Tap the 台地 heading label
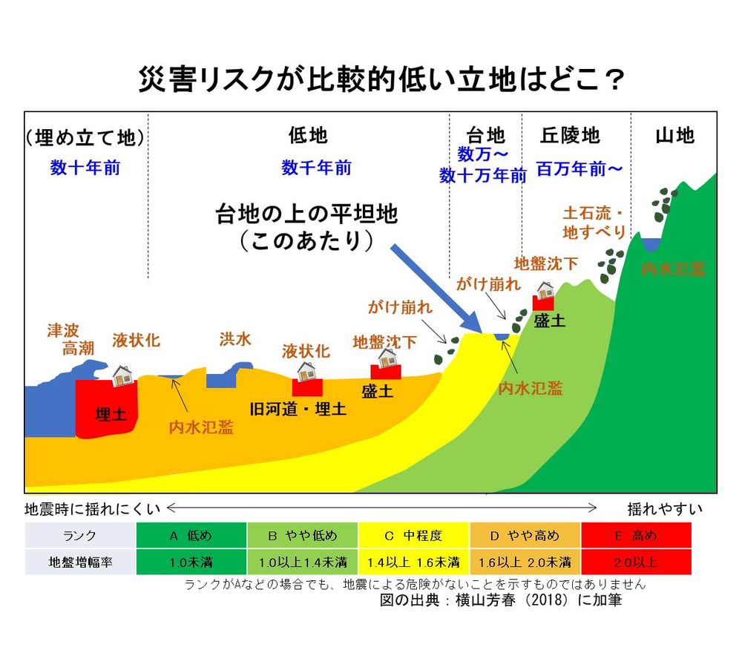click(485, 135)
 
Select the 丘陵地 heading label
click(569, 135)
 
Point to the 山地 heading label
click(674, 135)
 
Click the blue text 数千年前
click(316, 168)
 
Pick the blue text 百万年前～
click(579, 169)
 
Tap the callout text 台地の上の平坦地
click(306, 214)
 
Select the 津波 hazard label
click(63, 330)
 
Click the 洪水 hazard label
click(234, 339)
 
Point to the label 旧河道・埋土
click(298, 409)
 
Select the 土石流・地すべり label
click(594, 222)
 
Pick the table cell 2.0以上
click(636, 562)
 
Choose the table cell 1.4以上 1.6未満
click(413, 562)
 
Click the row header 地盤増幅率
click(79, 562)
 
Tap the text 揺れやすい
click(664, 509)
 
